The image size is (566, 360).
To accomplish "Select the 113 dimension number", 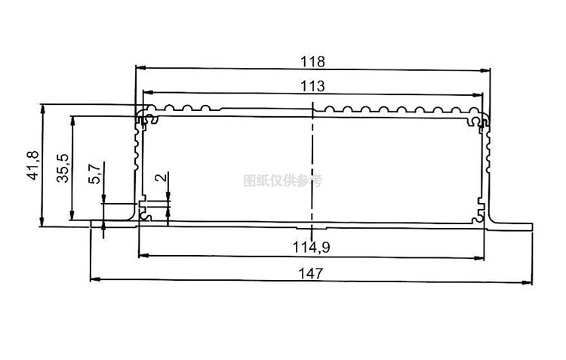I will (312, 87).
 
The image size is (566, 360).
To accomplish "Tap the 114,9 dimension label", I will (312, 247).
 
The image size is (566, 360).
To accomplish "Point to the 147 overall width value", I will (312, 273).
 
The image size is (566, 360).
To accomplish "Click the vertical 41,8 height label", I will (32, 165).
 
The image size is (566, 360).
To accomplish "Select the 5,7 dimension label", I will (94, 174).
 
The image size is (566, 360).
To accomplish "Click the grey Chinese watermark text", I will (283, 180).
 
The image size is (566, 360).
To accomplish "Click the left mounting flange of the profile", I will (113, 223).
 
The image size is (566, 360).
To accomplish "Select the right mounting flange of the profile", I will (512, 223).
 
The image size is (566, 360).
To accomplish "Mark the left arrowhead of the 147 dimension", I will (94, 281).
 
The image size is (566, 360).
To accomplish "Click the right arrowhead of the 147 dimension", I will (528, 281).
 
